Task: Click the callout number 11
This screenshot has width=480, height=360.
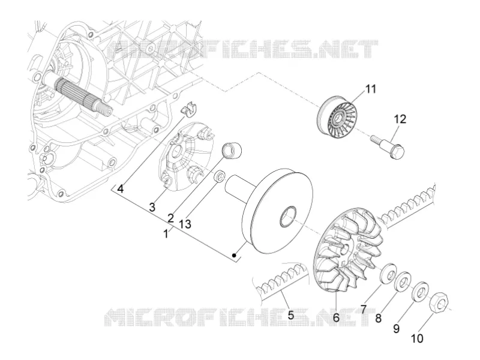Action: point(370,89)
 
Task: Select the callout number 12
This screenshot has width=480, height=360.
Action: point(400,119)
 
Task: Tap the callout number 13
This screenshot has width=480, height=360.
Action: point(185,224)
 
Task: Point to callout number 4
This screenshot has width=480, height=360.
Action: point(121,189)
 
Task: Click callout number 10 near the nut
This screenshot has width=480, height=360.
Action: point(417,338)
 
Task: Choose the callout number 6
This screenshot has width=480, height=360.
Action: point(337,317)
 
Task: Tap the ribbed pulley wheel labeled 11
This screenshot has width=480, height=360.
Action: point(337,116)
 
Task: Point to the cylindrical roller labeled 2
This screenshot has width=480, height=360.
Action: point(232,151)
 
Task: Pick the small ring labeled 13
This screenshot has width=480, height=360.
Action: point(220,176)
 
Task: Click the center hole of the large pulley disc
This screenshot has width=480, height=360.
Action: point(289,217)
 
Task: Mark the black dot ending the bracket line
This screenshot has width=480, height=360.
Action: point(234,255)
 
